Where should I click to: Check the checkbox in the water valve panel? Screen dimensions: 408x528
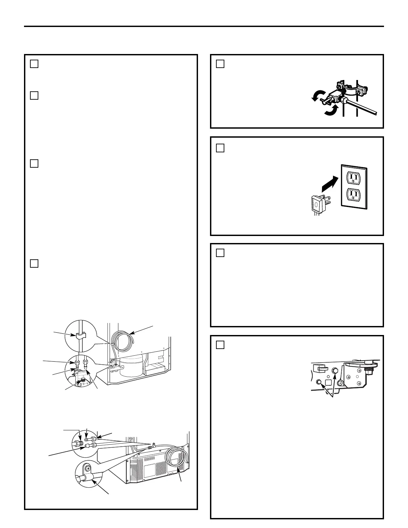pos(220,64)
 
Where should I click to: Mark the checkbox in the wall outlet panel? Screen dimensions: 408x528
pos(220,148)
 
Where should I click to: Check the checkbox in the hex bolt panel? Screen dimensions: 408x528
pos(220,345)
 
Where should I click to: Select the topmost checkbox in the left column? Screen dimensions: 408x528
pos(34,64)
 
